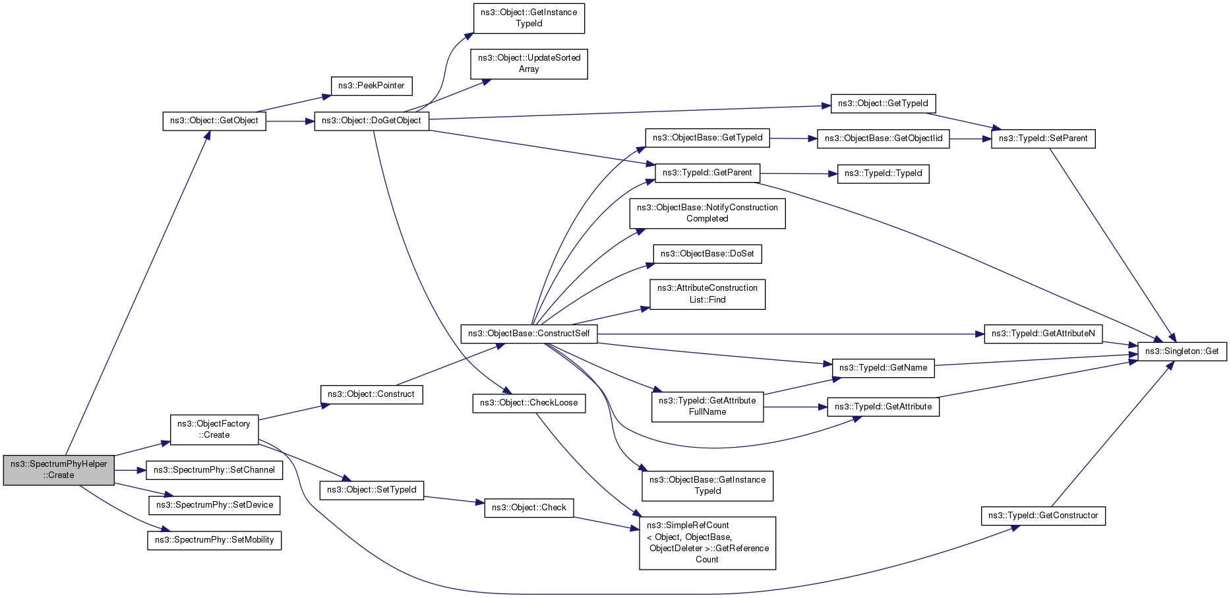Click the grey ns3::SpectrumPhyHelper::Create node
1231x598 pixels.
pos(59,469)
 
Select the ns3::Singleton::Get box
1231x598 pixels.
pos(1182,351)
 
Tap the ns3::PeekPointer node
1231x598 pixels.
pos(371,86)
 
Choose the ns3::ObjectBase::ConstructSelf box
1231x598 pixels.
pos(529,334)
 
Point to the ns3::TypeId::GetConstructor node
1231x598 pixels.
pos(1043,516)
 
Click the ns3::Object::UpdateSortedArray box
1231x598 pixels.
pos(529,64)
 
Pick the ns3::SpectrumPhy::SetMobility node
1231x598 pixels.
pos(214,540)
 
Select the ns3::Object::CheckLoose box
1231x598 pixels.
pos(529,403)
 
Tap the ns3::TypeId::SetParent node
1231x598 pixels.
pos(1043,138)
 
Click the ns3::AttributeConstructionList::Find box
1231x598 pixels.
pos(707,294)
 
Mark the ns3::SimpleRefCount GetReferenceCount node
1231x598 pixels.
pos(707,543)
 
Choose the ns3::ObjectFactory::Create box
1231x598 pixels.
pos(214,429)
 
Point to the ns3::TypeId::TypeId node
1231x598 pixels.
pos(884,173)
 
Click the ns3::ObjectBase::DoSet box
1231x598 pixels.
pos(707,254)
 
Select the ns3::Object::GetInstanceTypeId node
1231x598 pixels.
pos(529,18)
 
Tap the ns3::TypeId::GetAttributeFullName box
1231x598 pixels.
pos(707,407)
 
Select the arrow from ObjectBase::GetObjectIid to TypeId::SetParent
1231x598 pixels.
pos(971,139)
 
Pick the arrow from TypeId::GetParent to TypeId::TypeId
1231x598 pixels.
pos(798,173)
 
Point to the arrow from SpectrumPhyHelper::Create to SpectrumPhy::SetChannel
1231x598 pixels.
pos(130,470)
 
